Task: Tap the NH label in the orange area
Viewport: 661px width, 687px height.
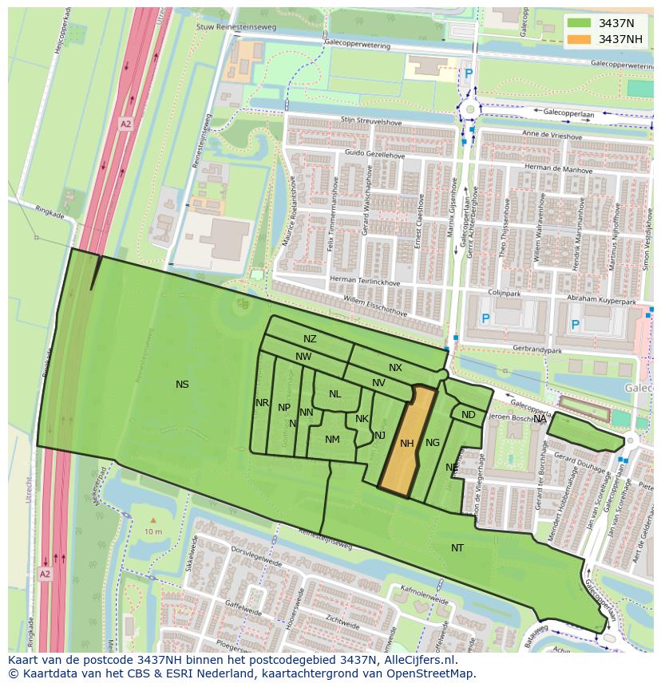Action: point(407,444)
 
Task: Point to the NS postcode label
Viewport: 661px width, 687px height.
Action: point(182,385)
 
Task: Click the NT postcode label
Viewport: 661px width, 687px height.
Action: point(457,548)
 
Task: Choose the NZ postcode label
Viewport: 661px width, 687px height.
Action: point(310,339)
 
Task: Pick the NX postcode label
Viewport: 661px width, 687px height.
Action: point(395,368)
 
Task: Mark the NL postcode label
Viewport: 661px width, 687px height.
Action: point(334,394)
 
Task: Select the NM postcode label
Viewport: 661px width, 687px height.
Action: point(332,440)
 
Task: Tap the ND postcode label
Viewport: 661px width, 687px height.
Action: point(468,415)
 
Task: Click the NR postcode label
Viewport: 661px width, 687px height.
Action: point(262,403)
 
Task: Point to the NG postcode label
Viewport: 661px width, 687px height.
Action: point(433,443)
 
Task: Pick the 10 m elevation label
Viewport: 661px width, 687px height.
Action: point(153,531)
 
